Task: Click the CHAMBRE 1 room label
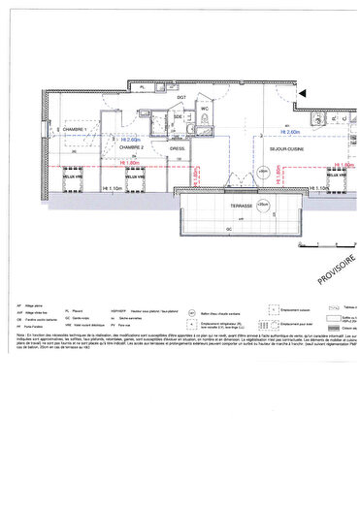tap(70, 129)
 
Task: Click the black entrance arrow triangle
tap(303, 94)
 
